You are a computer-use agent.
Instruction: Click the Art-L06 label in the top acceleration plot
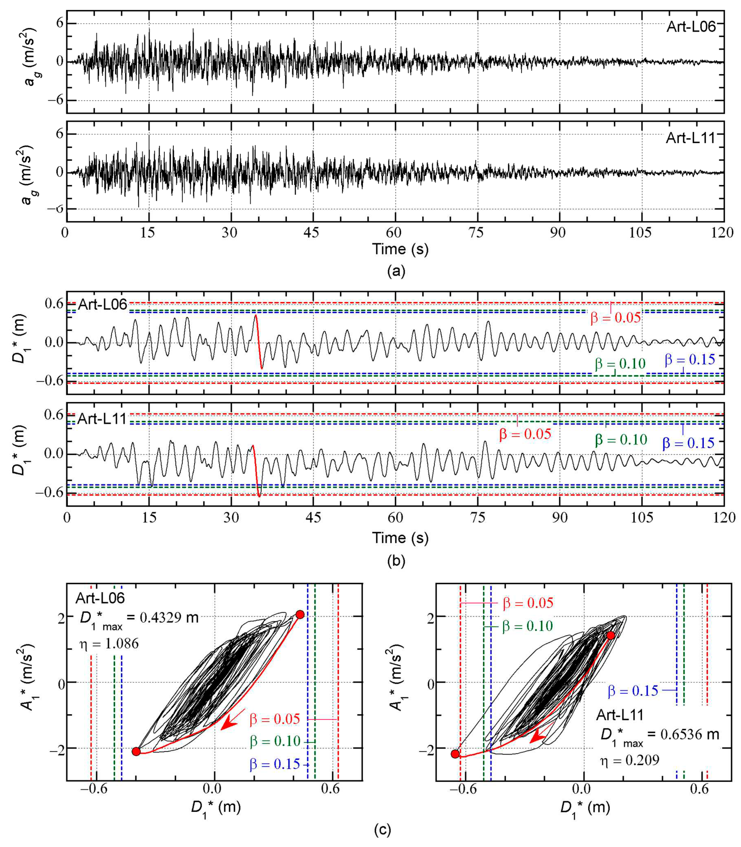[x=691, y=27]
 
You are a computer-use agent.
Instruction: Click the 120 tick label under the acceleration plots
[x=723, y=232]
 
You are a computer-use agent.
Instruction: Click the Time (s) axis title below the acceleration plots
[x=400, y=249]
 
